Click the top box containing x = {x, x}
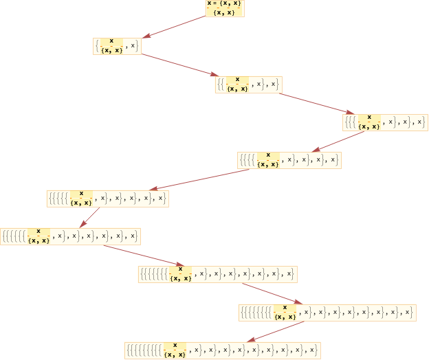225,8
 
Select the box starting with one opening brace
117,46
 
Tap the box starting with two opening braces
248,85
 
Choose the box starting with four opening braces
289,160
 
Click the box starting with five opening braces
107,198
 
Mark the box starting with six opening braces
70,236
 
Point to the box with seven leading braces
217,274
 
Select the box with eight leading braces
327,312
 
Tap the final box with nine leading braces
222,350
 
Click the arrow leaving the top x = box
175,27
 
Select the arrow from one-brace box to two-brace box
177,65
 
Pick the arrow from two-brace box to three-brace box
313,102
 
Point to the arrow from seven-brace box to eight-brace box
272,293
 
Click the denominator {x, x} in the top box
225,12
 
